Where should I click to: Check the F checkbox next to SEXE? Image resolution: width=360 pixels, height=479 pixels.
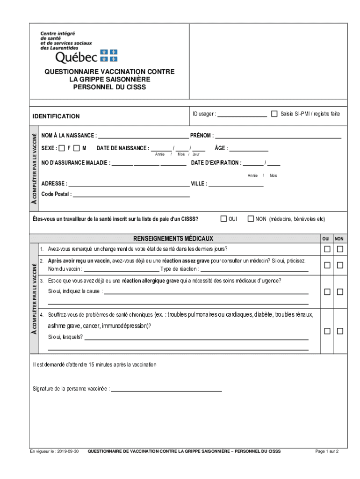[62, 148]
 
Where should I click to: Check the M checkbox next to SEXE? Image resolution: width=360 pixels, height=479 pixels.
[76, 148]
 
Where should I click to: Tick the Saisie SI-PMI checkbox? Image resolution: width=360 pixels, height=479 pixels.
[274, 114]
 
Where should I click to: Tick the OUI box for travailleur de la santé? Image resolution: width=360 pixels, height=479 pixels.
[223, 218]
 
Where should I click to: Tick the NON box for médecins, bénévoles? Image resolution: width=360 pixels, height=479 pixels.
[251, 218]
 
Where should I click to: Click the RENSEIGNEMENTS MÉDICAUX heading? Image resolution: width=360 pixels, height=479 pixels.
[173, 239]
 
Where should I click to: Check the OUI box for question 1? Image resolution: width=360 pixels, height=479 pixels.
[327, 248]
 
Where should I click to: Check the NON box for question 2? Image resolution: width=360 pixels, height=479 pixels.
[340, 265]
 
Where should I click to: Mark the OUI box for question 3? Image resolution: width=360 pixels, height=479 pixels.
[327, 292]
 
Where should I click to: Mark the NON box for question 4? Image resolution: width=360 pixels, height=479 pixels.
[340, 331]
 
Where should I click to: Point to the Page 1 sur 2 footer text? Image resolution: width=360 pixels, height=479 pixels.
[327, 451]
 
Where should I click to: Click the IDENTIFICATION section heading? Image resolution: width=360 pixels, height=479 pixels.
[56, 116]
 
